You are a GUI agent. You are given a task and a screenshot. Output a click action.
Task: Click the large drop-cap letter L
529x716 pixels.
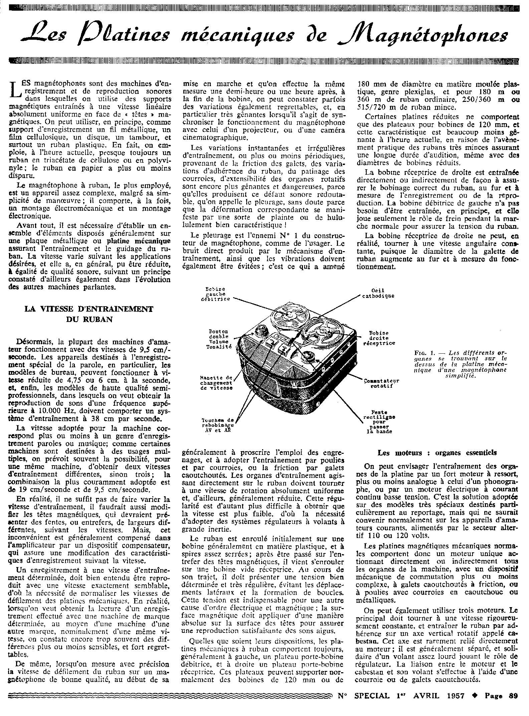point(13,91)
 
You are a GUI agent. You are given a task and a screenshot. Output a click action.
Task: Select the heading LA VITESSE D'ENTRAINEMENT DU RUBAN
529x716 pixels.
point(88,314)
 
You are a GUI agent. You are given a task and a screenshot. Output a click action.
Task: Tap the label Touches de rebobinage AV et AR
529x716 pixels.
point(218,425)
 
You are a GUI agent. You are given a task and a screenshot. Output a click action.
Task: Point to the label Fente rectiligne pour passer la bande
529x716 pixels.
point(378,422)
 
